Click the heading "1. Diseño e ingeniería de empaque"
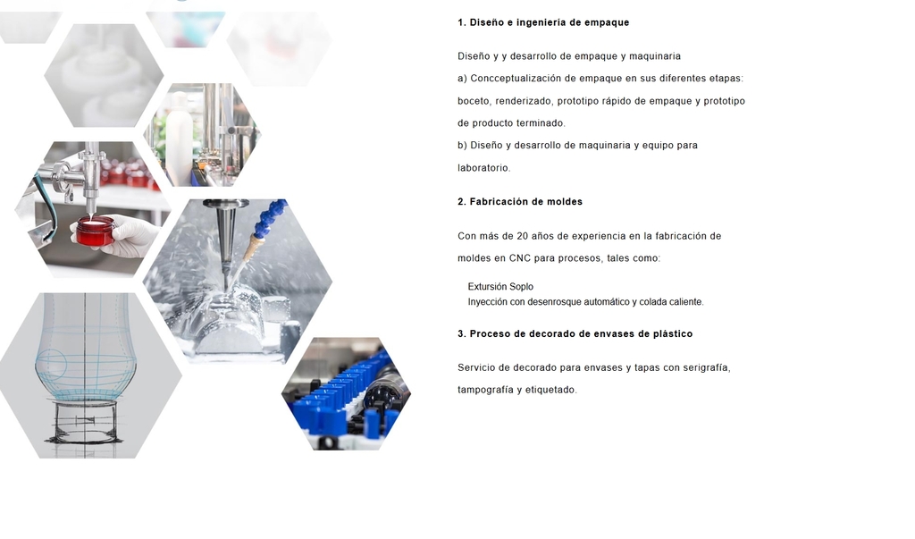point(543,22)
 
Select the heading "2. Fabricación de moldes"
point(520,202)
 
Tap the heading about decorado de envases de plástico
point(575,334)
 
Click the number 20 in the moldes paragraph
point(522,236)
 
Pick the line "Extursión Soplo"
point(500,287)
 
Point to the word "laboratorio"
point(483,168)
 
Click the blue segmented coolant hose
point(270,219)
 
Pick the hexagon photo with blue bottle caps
point(346,393)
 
